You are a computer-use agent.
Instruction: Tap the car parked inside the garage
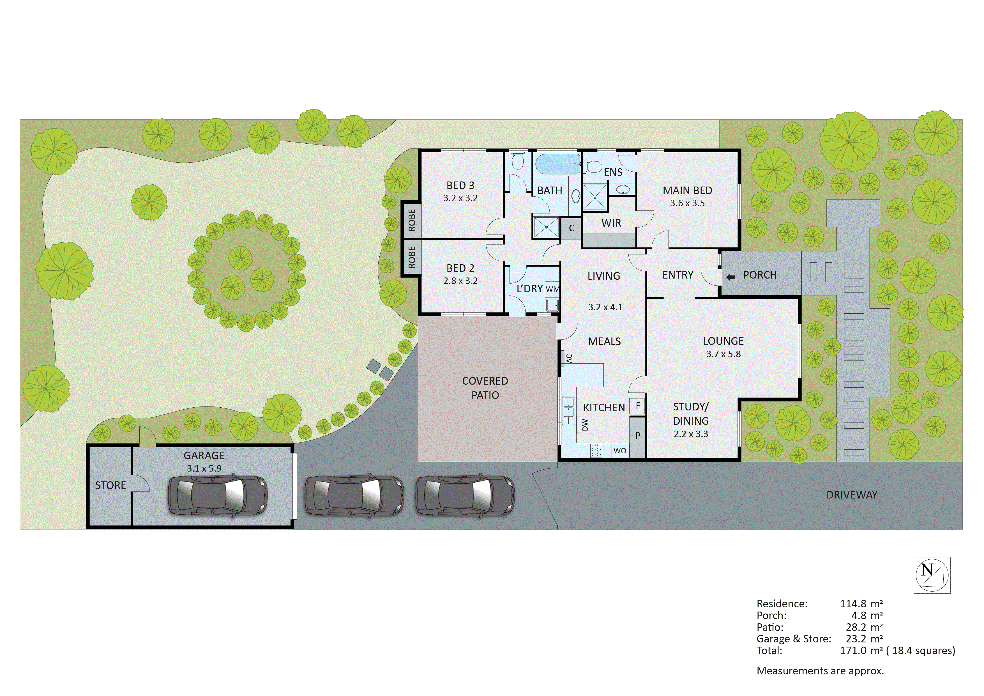217,495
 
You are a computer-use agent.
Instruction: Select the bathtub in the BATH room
557,164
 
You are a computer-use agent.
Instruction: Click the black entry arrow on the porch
731,277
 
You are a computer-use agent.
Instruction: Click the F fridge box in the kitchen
638,406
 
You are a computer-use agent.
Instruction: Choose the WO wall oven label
620,451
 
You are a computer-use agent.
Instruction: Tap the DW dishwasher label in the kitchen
585,424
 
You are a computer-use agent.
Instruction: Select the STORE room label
110,485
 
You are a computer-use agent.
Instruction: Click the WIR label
611,223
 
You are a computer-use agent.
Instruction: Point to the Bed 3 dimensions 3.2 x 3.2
460,198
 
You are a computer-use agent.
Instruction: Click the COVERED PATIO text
485,388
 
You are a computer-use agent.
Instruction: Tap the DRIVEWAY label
852,495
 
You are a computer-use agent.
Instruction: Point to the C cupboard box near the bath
571,228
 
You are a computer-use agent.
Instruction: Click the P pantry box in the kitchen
638,436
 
